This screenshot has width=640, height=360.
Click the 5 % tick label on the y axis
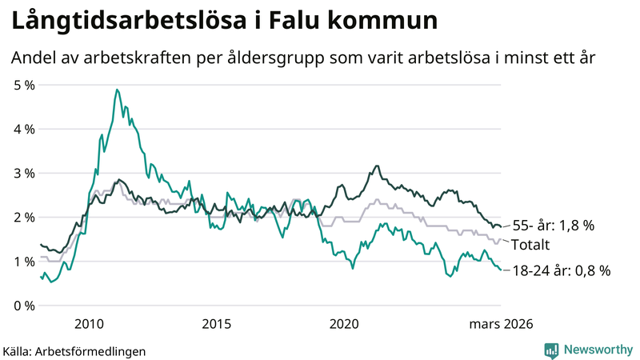click(x=24, y=85)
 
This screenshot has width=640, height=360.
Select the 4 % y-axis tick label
click(x=24, y=129)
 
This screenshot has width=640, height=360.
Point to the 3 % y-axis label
click(x=24, y=173)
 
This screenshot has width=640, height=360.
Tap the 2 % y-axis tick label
click(x=24, y=217)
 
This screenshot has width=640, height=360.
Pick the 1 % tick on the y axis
click(x=24, y=262)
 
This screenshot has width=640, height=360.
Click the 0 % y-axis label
click(x=24, y=306)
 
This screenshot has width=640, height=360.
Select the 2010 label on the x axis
click(x=88, y=323)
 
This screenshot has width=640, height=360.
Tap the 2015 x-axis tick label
click(x=216, y=323)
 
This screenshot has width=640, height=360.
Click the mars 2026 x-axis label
click(x=499, y=323)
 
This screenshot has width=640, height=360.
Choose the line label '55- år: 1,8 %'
click(x=554, y=226)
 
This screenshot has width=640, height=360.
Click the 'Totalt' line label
click(x=533, y=244)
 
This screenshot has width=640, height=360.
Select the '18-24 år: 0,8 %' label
click(x=561, y=271)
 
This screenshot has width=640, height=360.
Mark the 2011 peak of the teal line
click(x=117, y=90)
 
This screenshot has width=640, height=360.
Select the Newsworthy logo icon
click(x=551, y=349)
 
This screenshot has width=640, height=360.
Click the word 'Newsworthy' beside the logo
click(x=597, y=350)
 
